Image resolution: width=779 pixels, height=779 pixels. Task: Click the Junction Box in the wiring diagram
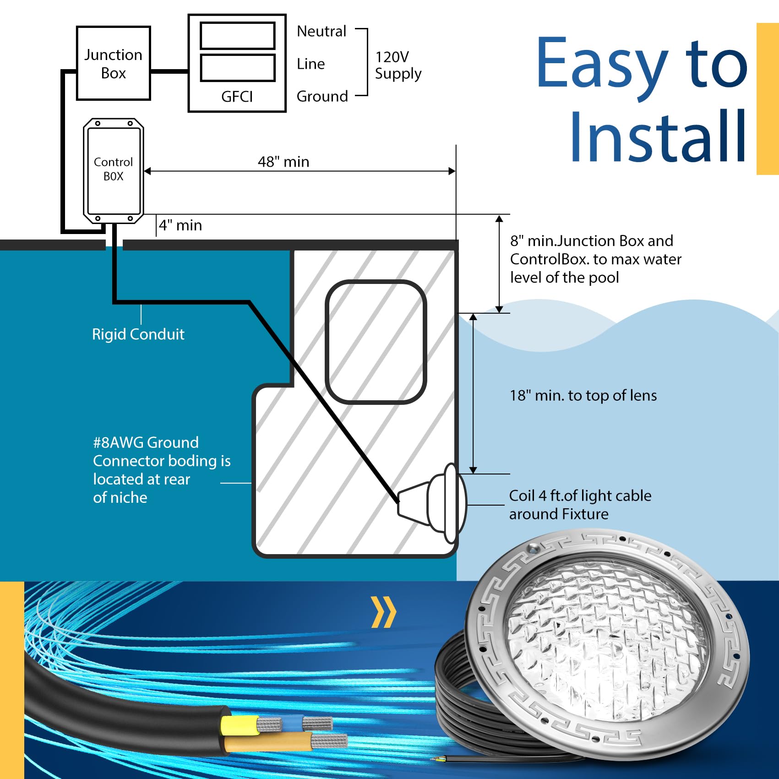tap(113, 63)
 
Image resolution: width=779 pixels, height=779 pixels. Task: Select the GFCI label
tap(237, 97)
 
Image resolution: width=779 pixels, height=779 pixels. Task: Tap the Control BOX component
tap(113, 170)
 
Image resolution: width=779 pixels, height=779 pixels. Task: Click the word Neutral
tap(321, 32)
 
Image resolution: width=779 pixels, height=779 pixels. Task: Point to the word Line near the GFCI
tap(311, 64)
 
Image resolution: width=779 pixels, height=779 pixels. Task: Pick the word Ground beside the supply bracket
tap(322, 97)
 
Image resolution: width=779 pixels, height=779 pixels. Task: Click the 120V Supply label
tap(398, 65)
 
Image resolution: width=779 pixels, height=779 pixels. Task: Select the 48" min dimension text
tap(283, 162)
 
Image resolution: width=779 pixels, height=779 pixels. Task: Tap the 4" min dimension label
tap(180, 225)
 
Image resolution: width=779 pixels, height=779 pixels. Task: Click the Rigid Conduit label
tap(138, 334)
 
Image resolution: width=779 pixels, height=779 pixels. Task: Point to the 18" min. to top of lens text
tap(583, 396)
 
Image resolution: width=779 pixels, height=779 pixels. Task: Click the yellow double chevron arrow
tap(383, 612)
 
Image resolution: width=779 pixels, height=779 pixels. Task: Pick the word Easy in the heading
tap(602, 63)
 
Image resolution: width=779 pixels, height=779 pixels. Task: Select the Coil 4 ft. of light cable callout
tap(580, 505)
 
